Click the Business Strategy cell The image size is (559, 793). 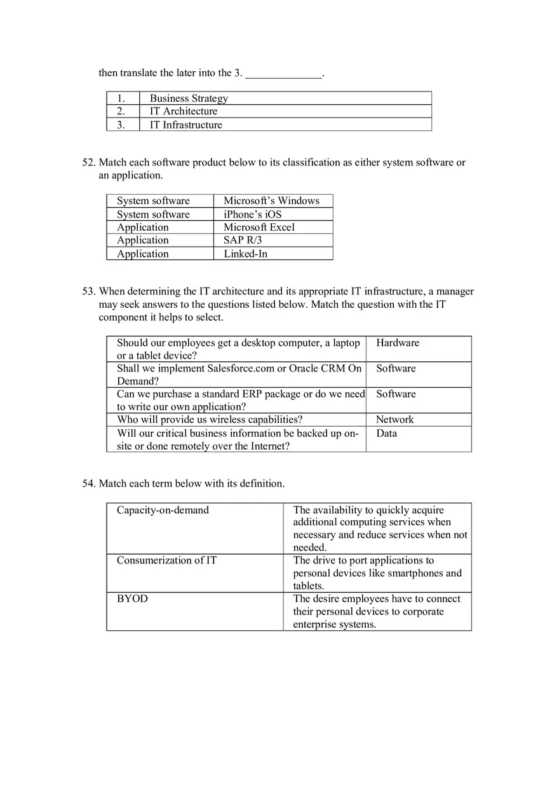(x=189, y=98)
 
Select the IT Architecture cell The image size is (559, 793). (x=184, y=111)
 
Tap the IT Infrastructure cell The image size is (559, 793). (x=186, y=125)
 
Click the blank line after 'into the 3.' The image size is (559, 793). (x=283, y=74)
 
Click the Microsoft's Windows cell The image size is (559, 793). (x=271, y=201)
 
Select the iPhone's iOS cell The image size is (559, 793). (x=252, y=214)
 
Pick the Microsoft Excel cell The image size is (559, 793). (x=259, y=227)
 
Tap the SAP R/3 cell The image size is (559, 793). (x=243, y=240)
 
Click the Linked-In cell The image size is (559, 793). (x=245, y=254)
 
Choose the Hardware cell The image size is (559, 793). (x=398, y=343)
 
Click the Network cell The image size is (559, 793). (x=394, y=420)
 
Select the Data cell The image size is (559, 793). (x=386, y=433)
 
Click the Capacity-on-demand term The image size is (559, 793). (x=163, y=510)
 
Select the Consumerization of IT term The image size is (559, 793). (x=166, y=560)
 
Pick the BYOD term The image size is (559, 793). (x=132, y=598)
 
